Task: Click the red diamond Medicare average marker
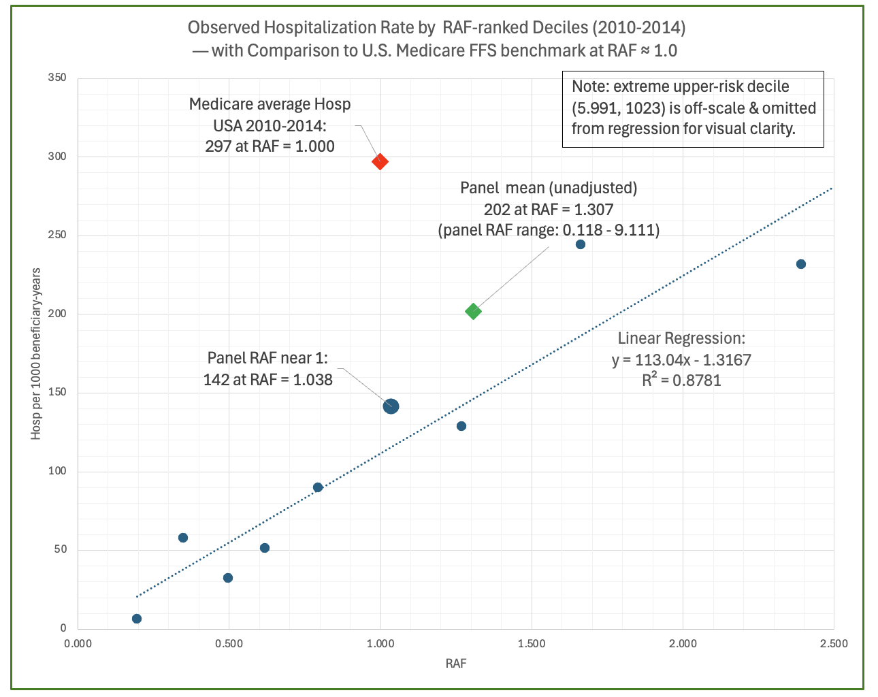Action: (380, 161)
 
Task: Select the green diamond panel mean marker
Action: (473, 312)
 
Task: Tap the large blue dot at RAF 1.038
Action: (391, 406)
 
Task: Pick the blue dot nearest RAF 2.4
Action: (800, 264)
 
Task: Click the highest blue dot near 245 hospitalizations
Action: (580, 244)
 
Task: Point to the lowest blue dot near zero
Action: (137, 619)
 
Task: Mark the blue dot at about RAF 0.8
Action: (318, 487)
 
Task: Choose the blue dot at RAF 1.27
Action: (461, 426)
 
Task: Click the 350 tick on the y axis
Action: (58, 78)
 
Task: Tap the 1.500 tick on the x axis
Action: (531, 644)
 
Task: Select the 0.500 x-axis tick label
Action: (229, 644)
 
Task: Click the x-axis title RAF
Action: (455, 664)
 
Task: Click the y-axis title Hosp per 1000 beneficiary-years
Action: (36, 353)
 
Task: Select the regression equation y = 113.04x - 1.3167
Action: (681, 360)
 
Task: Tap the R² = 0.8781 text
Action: (681, 380)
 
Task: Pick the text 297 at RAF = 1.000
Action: (270, 146)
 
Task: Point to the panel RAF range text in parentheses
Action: (549, 230)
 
